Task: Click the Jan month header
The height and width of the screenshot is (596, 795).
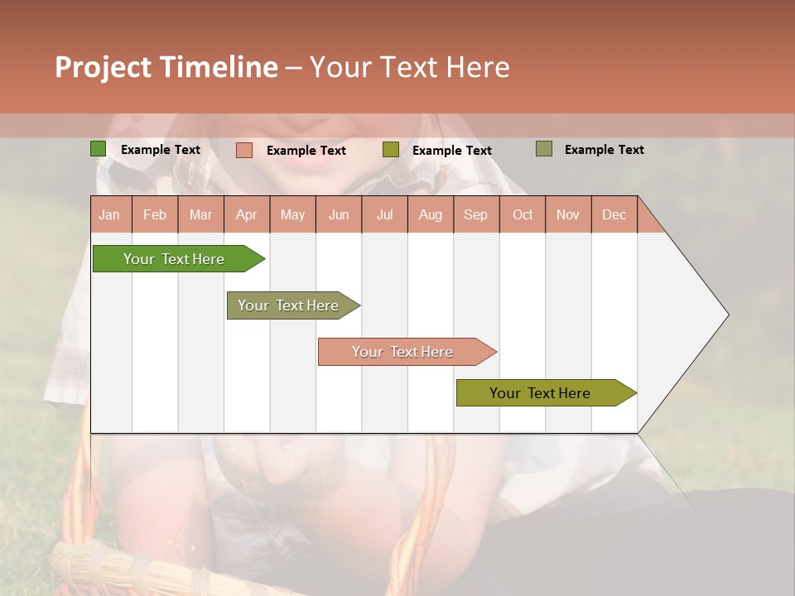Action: coord(109,215)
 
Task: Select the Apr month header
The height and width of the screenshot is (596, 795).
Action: coord(247,215)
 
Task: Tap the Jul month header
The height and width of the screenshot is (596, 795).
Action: coord(384,215)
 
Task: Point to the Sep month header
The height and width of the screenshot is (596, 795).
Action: coord(475,215)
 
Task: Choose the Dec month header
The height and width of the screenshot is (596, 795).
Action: coord(614,215)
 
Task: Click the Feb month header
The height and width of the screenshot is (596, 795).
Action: coord(155,215)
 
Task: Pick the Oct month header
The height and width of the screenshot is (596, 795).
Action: coord(523,215)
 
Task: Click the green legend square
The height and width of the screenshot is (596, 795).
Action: coord(99,149)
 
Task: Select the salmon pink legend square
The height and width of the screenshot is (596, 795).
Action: coord(244,150)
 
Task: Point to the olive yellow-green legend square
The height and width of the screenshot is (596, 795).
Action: coord(391,150)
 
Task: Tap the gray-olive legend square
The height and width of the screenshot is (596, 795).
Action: coord(543,149)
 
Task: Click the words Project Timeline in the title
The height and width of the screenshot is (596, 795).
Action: coord(166,67)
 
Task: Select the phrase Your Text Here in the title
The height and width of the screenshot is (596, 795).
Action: coord(409,67)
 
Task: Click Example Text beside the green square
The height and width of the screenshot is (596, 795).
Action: coord(161,150)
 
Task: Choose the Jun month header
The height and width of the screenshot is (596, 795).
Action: coord(339,215)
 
